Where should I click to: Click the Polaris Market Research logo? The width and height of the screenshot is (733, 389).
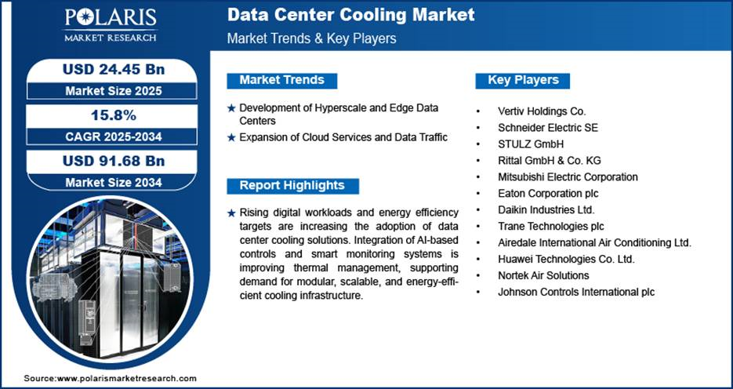[x=111, y=25]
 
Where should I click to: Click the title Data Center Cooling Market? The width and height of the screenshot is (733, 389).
[x=350, y=15]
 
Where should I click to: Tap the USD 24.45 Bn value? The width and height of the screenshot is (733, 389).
[x=114, y=70]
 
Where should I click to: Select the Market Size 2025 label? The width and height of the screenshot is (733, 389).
[x=114, y=91]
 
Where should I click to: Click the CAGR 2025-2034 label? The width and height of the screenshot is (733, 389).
[x=114, y=136]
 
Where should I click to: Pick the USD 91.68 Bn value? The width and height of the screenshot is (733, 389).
[x=114, y=161]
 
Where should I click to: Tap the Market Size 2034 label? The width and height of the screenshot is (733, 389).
[x=114, y=182]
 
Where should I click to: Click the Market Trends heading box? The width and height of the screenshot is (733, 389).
[x=282, y=81]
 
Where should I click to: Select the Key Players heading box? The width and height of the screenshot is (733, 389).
[x=523, y=81]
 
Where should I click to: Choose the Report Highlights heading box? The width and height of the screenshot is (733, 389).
[x=292, y=186]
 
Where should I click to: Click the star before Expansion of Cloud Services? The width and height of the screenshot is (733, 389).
[x=231, y=138]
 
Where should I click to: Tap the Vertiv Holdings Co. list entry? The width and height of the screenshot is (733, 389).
[x=542, y=111]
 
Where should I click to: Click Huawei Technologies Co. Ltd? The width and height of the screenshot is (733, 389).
[x=566, y=259]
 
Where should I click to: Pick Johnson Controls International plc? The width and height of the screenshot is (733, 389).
[x=576, y=293]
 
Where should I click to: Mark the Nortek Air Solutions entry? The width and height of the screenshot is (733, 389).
[x=543, y=275]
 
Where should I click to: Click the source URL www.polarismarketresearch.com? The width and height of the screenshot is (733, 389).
[x=127, y=378]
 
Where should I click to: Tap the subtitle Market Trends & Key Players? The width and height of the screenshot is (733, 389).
[x=311, y=38]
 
